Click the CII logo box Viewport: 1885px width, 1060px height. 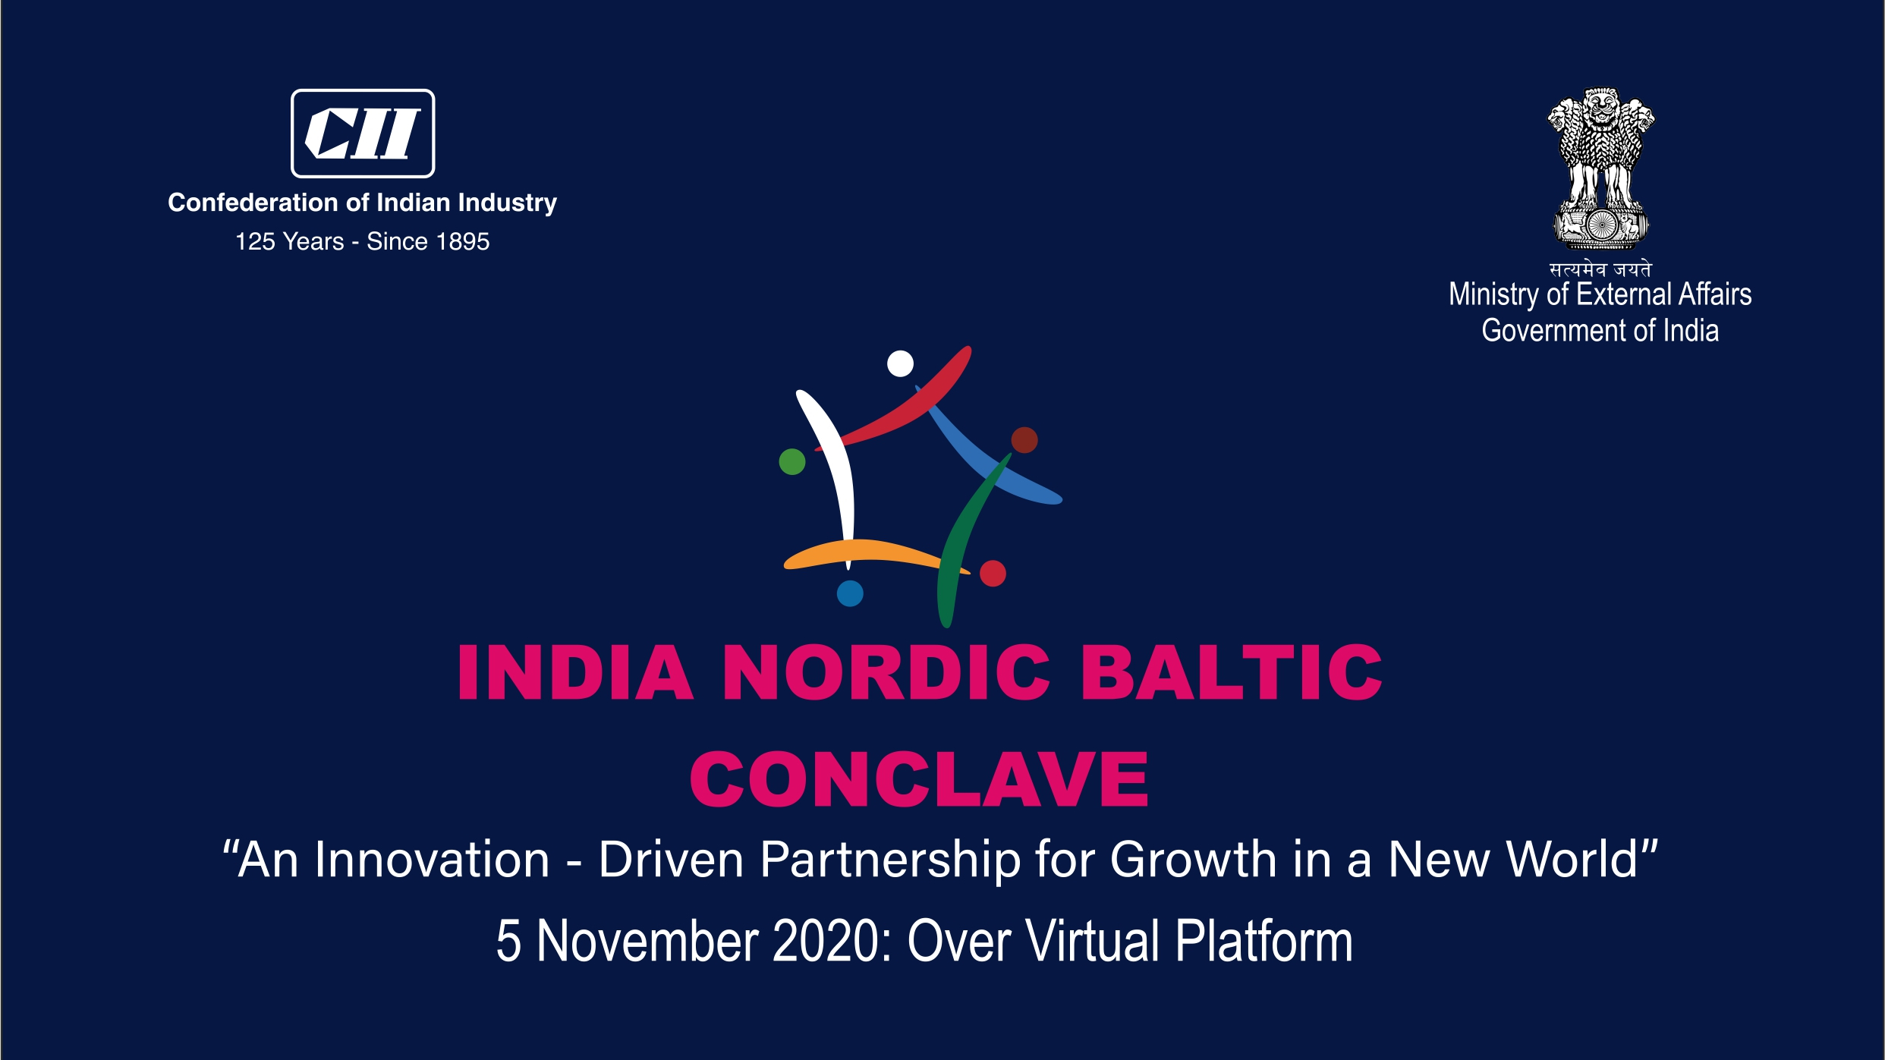click(363, 134)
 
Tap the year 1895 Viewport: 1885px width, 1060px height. click(463, 241)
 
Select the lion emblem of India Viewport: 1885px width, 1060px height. click(1601, 168)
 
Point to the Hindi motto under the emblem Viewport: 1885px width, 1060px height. click(1600, 269)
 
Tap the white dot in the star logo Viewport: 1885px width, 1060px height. click(900, 363)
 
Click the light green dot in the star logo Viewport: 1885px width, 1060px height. click(792, 461)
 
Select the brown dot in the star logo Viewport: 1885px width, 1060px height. click(1024, 440)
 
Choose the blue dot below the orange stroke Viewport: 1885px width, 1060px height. click(850, 593)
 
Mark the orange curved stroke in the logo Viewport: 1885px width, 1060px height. click(873, 550)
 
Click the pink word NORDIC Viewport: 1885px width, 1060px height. click(886, 672)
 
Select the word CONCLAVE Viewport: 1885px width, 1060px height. click(919, 779)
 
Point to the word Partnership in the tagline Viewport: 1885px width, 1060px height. click(890, 860)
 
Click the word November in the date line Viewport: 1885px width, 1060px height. click(647, 942)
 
